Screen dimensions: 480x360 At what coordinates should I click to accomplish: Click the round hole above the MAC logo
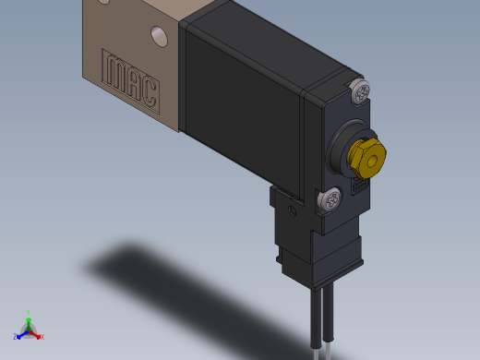coord(159,36)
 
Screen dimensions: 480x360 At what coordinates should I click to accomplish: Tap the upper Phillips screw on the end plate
coord(361,91)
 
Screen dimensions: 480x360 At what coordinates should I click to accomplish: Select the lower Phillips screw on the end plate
coord(330,198)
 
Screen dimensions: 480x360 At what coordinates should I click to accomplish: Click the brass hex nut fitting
coord(367,158)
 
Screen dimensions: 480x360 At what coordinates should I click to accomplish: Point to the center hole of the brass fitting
coord(372,160)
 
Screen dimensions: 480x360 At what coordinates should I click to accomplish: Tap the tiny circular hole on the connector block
coord(292,211)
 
